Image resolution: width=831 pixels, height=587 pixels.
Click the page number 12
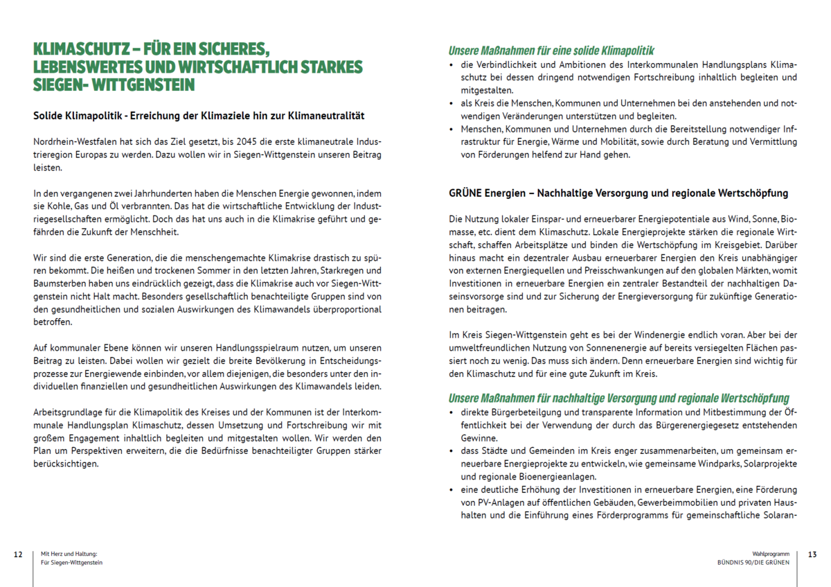coord(18,554)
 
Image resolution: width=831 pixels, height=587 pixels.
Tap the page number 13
coord(812,554)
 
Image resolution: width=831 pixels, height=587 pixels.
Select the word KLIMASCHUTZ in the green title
coord(81,50)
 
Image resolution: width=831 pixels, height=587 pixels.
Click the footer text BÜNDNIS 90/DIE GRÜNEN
coord(753,563)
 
